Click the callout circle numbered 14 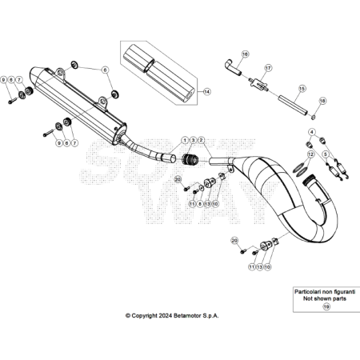[206, 92]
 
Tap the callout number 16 [245, 54]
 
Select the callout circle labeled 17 [269, 68]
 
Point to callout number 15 [302, 90]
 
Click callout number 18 [322, 101]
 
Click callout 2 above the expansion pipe [201, 141]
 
